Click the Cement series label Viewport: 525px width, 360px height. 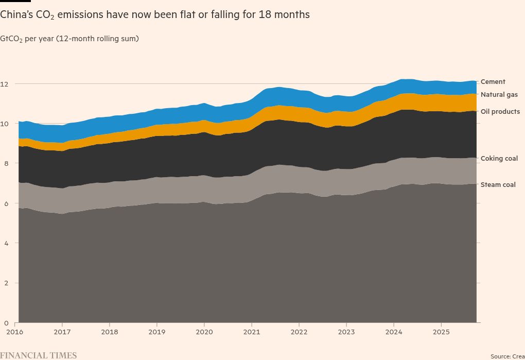click(x=493, y=82)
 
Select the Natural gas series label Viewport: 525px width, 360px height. click(x=499, y=95)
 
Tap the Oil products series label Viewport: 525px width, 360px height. click(x=500, y=112)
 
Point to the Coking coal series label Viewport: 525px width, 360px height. click(x=499, y=159)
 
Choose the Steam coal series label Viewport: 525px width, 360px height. click(x=498, y=185)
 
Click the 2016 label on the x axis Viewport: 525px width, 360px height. click(x=15, y=332)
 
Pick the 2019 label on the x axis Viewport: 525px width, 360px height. click(x=157, y=332)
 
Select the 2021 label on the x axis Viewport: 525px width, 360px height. click(x=252, y=332)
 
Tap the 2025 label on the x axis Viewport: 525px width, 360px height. click(x=441, y=332)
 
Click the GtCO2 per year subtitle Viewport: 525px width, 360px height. click(x=69, y=39)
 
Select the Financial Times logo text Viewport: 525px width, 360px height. click(x=39, y=355)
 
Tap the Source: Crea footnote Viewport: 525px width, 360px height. click(x=507, y=356)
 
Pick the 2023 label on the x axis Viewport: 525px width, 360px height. click(x=346, y=332)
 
